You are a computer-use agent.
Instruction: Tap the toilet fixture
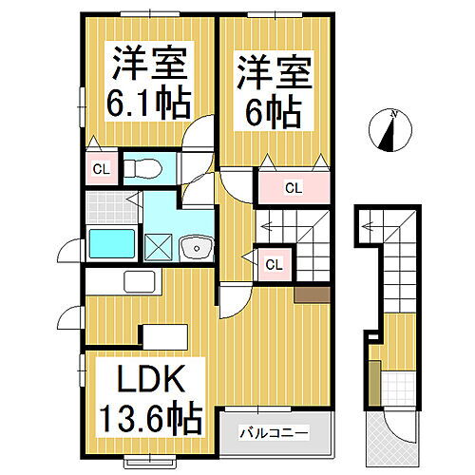coord(143,168)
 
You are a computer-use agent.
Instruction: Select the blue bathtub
coord(112,243)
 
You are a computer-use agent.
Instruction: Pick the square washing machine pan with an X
coord(157,247)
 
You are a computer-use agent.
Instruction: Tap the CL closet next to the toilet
coord(99,171)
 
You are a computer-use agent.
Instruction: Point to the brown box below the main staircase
coord(311,294)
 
